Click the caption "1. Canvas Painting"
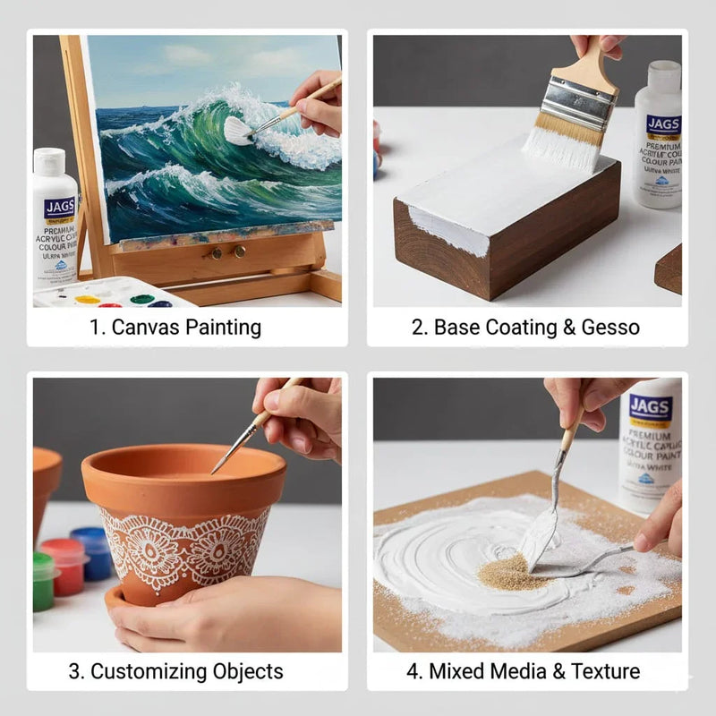click(175, 328)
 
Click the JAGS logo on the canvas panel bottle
click(59, 209)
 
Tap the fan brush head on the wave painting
click(237, 131)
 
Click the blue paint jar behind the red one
click(91, 548)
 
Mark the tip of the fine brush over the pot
click(213, 472)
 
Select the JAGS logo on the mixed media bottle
click(651, 408)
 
